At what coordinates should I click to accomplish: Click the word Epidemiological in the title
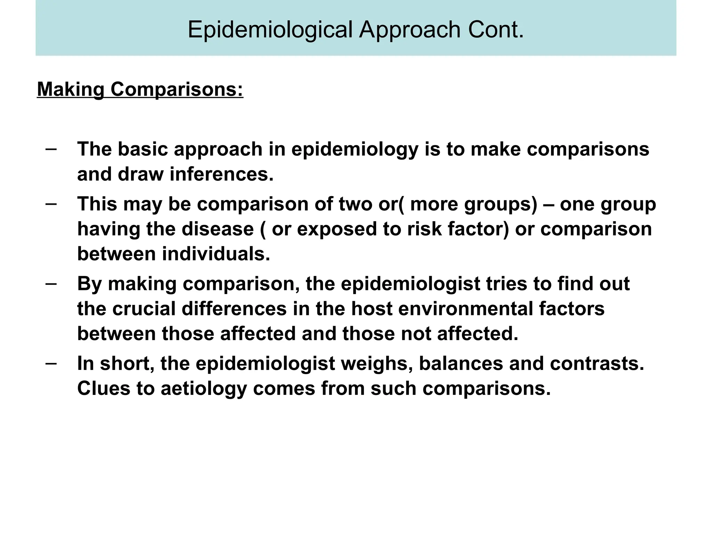click(x=270, y=30)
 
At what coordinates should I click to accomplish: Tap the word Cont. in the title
click(x=496, y=30)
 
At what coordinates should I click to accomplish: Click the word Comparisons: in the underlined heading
click(x=177, y=89)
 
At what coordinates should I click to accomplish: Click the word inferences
click(x=221, y=174)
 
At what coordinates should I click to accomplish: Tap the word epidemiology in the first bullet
click(x=355, y=149)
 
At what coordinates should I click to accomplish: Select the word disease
click(x=217, y=229)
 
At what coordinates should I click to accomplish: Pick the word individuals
click(x=216, y=254)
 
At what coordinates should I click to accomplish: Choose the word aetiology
click(x=203, y=389)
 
